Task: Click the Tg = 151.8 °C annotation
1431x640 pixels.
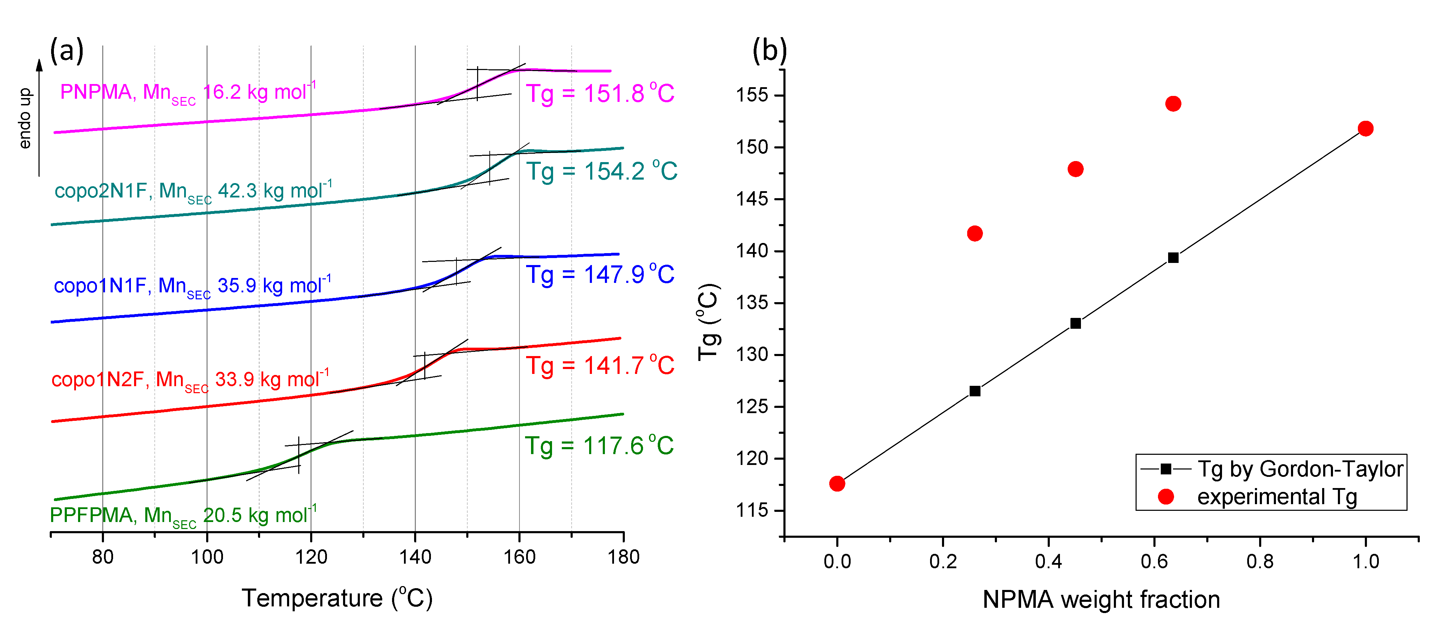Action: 600,93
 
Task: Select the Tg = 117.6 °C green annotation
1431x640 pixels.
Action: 599,446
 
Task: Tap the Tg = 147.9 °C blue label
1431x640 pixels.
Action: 600,274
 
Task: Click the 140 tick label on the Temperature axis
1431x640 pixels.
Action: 415,557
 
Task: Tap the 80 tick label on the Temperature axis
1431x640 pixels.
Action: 103,557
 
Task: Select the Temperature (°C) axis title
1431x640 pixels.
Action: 337,598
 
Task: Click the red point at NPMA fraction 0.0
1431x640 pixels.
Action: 837,484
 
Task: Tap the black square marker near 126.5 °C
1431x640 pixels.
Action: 975,391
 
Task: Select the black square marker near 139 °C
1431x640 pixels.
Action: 1173,258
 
